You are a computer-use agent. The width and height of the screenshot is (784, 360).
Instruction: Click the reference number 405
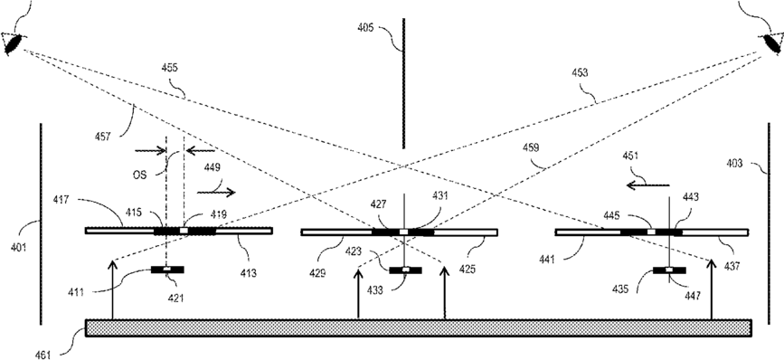(x=365, y=28)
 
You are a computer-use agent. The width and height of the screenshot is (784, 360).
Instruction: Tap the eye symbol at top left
(x=13, y=43)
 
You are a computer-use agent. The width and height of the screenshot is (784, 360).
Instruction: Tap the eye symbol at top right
(x=770, y=43)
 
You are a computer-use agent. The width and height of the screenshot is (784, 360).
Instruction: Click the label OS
(x=139, y=175)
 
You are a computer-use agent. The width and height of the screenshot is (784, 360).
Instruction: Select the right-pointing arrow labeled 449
(x=216, y=192)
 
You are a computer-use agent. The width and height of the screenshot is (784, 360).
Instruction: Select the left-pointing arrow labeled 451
(x=648, y=185)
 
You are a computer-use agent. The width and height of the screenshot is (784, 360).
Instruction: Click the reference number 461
(x=43, y=355)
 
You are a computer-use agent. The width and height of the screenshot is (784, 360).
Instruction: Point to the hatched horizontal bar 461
(x=419, y=328)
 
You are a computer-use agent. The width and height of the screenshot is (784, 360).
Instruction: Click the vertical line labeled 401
(x=41, y=224)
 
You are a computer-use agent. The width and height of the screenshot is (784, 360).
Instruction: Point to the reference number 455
(x=170, y=68)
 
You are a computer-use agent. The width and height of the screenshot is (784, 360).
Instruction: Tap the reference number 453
(x=580, y=73)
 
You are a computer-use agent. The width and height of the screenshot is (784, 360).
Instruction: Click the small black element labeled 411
(x=167, y=270)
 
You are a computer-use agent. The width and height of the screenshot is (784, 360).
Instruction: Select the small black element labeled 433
(x=405, y=270)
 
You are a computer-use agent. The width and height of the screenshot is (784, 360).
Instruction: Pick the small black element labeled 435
(x=669, y=270)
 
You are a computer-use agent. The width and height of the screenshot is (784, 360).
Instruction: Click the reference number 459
(x=531, y=148)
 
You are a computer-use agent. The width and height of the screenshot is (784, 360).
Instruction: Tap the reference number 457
(x=102, y=136)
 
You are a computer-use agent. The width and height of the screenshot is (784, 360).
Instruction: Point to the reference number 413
(x=248, y=273)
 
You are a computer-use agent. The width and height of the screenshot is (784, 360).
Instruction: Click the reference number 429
(x=317, y=273)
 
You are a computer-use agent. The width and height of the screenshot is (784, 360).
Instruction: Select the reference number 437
(x=731, y=267)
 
